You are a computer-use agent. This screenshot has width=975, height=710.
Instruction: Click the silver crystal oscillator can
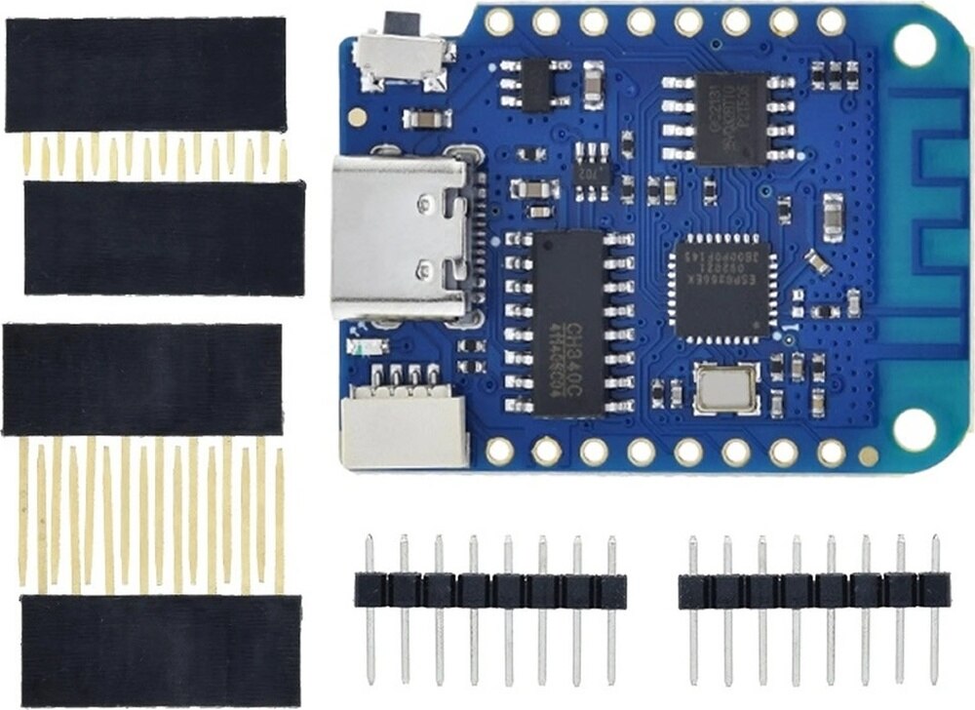(x=726, y=387)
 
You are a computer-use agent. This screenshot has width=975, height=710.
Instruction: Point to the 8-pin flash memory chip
(x=730, y=118)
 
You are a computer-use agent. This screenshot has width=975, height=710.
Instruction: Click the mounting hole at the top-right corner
(x=915, y=45)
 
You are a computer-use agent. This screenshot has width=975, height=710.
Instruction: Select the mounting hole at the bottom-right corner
(x=914, y=429)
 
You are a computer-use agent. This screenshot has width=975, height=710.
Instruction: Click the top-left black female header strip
(x=146, y=74)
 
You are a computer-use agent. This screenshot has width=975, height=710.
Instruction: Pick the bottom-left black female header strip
(x=161, y=650)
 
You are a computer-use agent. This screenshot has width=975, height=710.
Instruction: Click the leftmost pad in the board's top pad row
(x=499, y=20)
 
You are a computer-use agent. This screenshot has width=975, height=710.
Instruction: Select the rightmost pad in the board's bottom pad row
(x=831, y=452)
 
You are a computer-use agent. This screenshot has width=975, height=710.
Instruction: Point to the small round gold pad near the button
(x=358, y=118)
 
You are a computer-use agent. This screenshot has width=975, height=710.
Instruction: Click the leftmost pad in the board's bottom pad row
(x=499, y=451)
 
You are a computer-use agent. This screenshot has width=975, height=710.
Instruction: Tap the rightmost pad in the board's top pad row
(x=831, y=20)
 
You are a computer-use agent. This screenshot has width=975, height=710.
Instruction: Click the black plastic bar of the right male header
(x=814, y=590)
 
